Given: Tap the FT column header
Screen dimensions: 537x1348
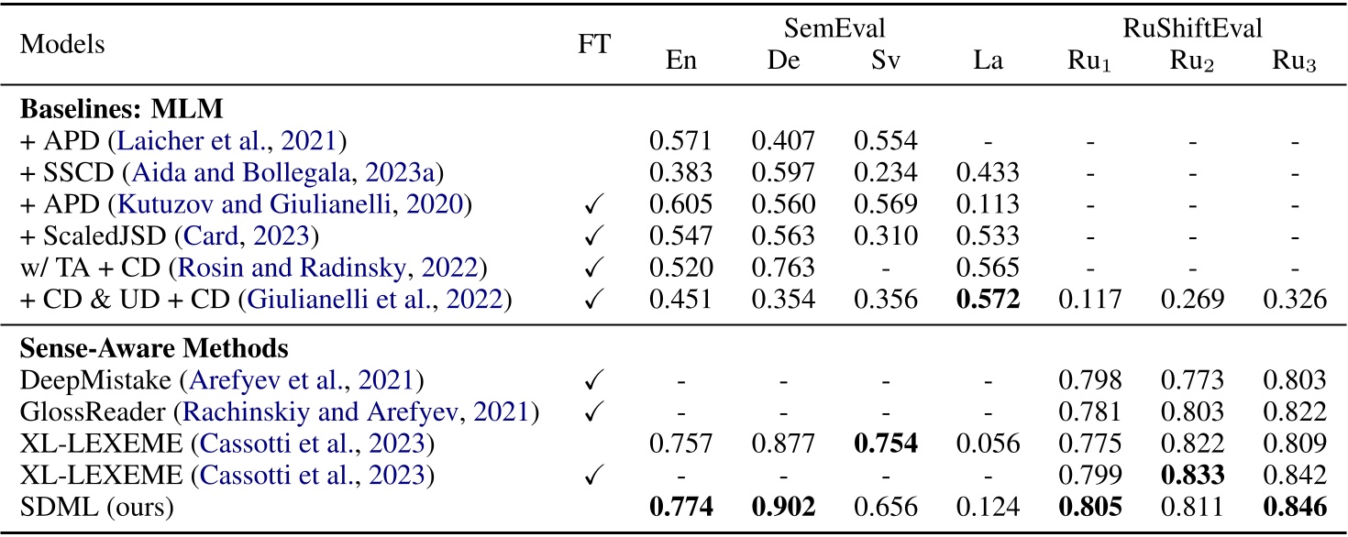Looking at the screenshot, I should point(593,43).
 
